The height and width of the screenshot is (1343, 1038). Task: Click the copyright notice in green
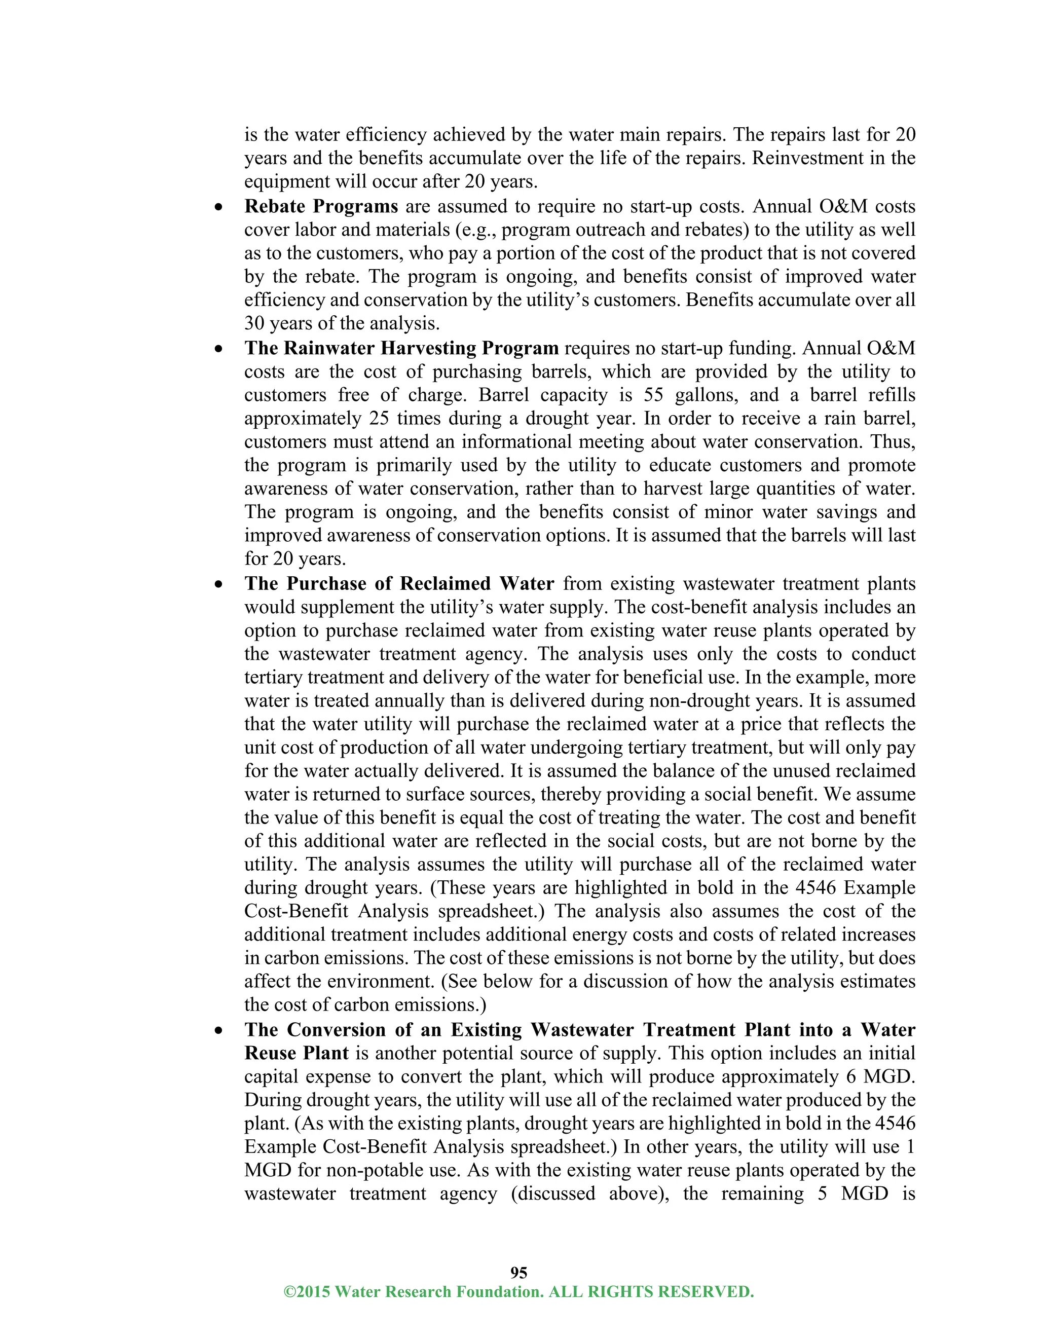pyautogui.click(x=518, y=1291)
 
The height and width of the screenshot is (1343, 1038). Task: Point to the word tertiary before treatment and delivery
pyautogui.click(x=274, y=677)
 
